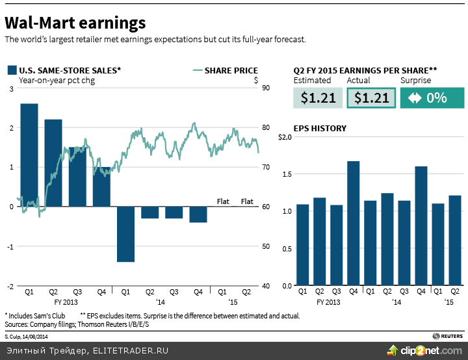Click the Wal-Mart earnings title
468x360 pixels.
[75, 23]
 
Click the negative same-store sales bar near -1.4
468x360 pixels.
[125, 234]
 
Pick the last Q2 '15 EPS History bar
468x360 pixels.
[454, 240]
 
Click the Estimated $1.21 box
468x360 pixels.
[318, 98]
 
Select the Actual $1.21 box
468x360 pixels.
[371, 98]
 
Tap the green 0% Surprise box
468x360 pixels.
[432, 98]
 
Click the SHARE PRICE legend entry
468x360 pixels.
[231, 71]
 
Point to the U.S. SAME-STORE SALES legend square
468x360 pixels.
[11, 71]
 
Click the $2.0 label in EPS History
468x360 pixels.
[285, 137]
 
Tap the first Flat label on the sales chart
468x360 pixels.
[223, 201]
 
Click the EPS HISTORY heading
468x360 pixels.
[320, 128]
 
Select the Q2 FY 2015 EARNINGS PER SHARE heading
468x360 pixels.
[365, 71]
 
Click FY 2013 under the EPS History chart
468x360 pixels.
[328, 302]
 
